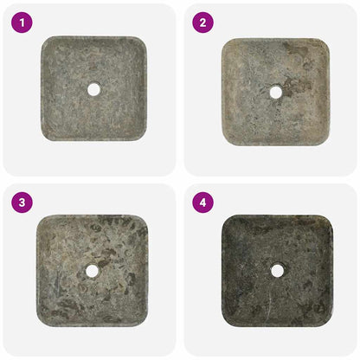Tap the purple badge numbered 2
coord(203,23)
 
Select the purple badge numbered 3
coord(22,203)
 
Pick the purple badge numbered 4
coord(203,203)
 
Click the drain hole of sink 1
coord(93,88)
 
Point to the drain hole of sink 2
coord(275,92)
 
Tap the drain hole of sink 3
coord(92,271)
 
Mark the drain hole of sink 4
coord(277,270)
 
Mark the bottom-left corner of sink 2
coord(226,140)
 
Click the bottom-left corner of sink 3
coord(41,321)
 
